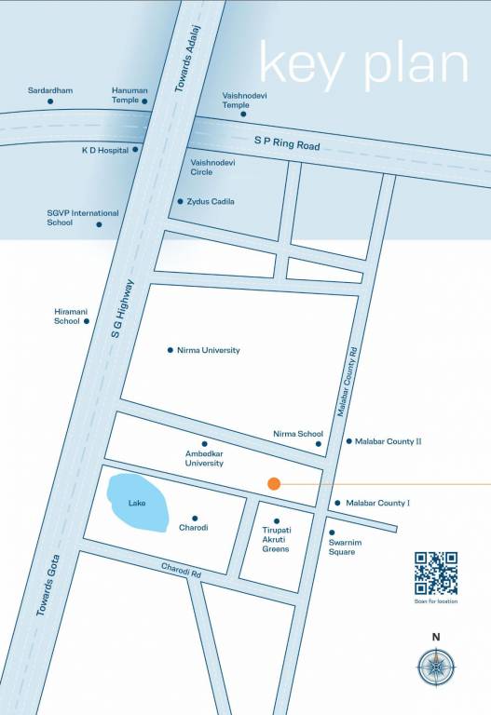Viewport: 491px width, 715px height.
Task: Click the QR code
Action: (x=436, y=573)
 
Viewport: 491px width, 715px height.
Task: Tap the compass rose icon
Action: (x=436, y=668)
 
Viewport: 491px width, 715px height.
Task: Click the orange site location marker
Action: (x=274, y=483)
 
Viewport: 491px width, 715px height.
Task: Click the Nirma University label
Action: (x=208, y=350)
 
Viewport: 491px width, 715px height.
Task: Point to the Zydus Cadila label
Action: (x=212, y=201)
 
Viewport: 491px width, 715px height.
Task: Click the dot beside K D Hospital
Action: (x=135, y=149)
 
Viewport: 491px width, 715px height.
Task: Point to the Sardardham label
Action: (x=50, y=90)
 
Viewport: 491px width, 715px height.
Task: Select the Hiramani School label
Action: (x=67, y=317)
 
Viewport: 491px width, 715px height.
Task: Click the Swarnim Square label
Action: (x=342, y=547)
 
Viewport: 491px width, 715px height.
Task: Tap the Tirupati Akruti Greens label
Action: (x=276, y=539)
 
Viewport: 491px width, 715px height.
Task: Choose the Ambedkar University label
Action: (x=204, y=458)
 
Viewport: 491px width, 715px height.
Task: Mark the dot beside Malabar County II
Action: (x=348, y=441)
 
